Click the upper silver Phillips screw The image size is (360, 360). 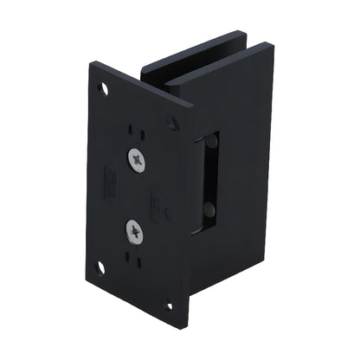[x=138, y=159]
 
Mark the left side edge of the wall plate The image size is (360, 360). [x=90, y=173]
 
